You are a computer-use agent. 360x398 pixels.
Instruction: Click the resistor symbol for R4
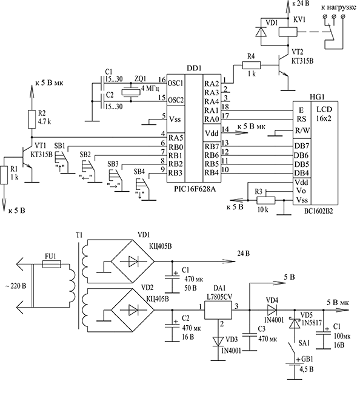point(252,66)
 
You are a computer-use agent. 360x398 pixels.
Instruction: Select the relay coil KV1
point(288,32)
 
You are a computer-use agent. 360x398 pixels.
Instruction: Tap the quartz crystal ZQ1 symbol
point(130,92)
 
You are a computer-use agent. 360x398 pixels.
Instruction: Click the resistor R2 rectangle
point(32,119)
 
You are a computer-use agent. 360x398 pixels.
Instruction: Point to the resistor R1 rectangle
point(4,175)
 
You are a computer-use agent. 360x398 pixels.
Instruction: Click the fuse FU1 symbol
point(52,265)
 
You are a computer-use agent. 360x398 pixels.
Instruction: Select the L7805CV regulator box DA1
point(218,310)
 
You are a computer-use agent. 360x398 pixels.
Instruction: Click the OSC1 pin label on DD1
point(175,83)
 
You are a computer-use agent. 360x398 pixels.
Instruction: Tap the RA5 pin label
point(176,138)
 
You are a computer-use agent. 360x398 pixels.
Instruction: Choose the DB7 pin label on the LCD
point(302,146)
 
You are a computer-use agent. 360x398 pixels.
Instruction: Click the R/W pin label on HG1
point(302,130)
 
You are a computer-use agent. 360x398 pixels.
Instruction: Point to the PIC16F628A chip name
point(195,189)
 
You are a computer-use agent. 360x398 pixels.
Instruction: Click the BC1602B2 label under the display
point(318,211)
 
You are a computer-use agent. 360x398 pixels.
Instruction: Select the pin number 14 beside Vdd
point(225,129)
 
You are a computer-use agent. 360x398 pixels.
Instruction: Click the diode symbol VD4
point(272,310)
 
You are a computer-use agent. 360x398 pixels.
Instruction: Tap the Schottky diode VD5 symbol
point(295,323)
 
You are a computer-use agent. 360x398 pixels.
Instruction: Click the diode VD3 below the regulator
point(218,341)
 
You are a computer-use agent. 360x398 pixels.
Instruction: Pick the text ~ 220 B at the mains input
point(16,286)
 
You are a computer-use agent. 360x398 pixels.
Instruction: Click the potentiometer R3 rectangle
point(265,201)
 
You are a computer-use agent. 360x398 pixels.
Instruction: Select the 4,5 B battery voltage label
point(306,369)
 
